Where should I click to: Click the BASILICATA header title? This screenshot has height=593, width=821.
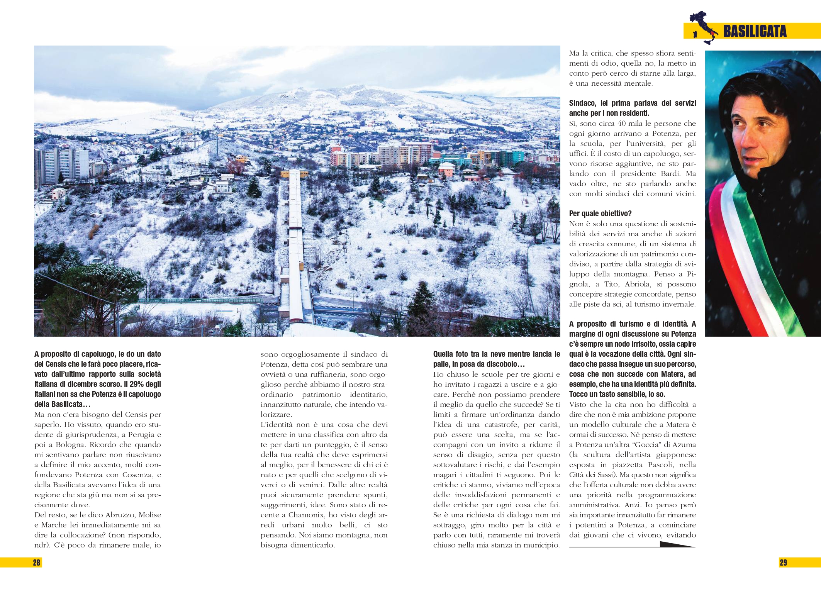(755, 32)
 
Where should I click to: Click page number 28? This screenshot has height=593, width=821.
(36, 563)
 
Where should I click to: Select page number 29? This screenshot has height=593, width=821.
(783, 563)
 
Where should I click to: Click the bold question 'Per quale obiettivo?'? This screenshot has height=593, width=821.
(600, 213)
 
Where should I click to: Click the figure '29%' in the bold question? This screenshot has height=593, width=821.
(137, 384)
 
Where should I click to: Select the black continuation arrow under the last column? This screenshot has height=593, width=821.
(676, 545)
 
